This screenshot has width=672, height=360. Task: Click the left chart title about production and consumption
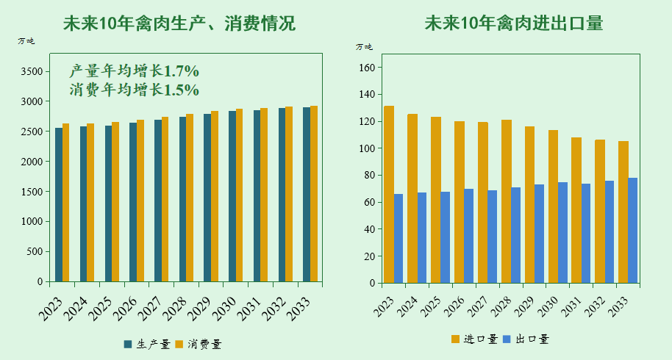click(x=179, y=24)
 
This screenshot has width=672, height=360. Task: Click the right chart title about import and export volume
click(x=513, y=24)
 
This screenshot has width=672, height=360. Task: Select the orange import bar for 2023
click(x=389, y=195)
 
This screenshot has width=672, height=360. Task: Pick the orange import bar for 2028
click(x=506, y=201)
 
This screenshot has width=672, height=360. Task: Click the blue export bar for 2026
click(x=468, y=236)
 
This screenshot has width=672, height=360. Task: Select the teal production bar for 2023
click(x=59, y=205)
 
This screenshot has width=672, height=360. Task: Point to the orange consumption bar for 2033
click(x=314, y=194)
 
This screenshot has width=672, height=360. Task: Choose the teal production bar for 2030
click(x=232, y=196)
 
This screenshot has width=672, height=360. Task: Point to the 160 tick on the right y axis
click(x=367, y=68)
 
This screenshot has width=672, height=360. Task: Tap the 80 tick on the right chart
click(x=369, y=176)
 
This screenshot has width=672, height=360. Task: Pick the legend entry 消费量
click(x=199, y=344)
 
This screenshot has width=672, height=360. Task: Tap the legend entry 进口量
click(x=474, y=339)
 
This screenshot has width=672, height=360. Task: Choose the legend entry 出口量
click(x=526, y=339)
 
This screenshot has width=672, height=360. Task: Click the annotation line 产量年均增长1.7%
click(x=134, y=71)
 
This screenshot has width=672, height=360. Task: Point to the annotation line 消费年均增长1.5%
click(x=134, y=90)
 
